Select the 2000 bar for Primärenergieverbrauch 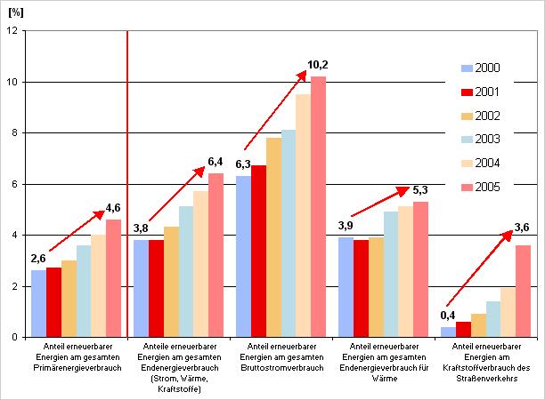pos(38,303)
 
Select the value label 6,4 pos(216,161)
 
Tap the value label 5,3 pos(420,190)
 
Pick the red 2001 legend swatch pos(465,92)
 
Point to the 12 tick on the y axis pos(13,30)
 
